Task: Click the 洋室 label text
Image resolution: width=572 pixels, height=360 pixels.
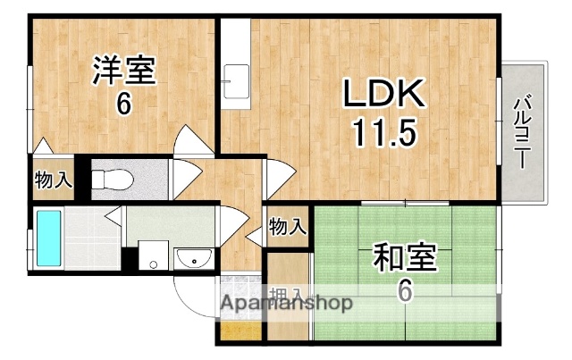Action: [123, 71]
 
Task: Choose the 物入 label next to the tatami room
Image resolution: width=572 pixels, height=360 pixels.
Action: [287, 227]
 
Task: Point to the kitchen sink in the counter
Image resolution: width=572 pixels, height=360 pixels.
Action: [238, 84]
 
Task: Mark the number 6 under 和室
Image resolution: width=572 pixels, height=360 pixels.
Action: [405, 291]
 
